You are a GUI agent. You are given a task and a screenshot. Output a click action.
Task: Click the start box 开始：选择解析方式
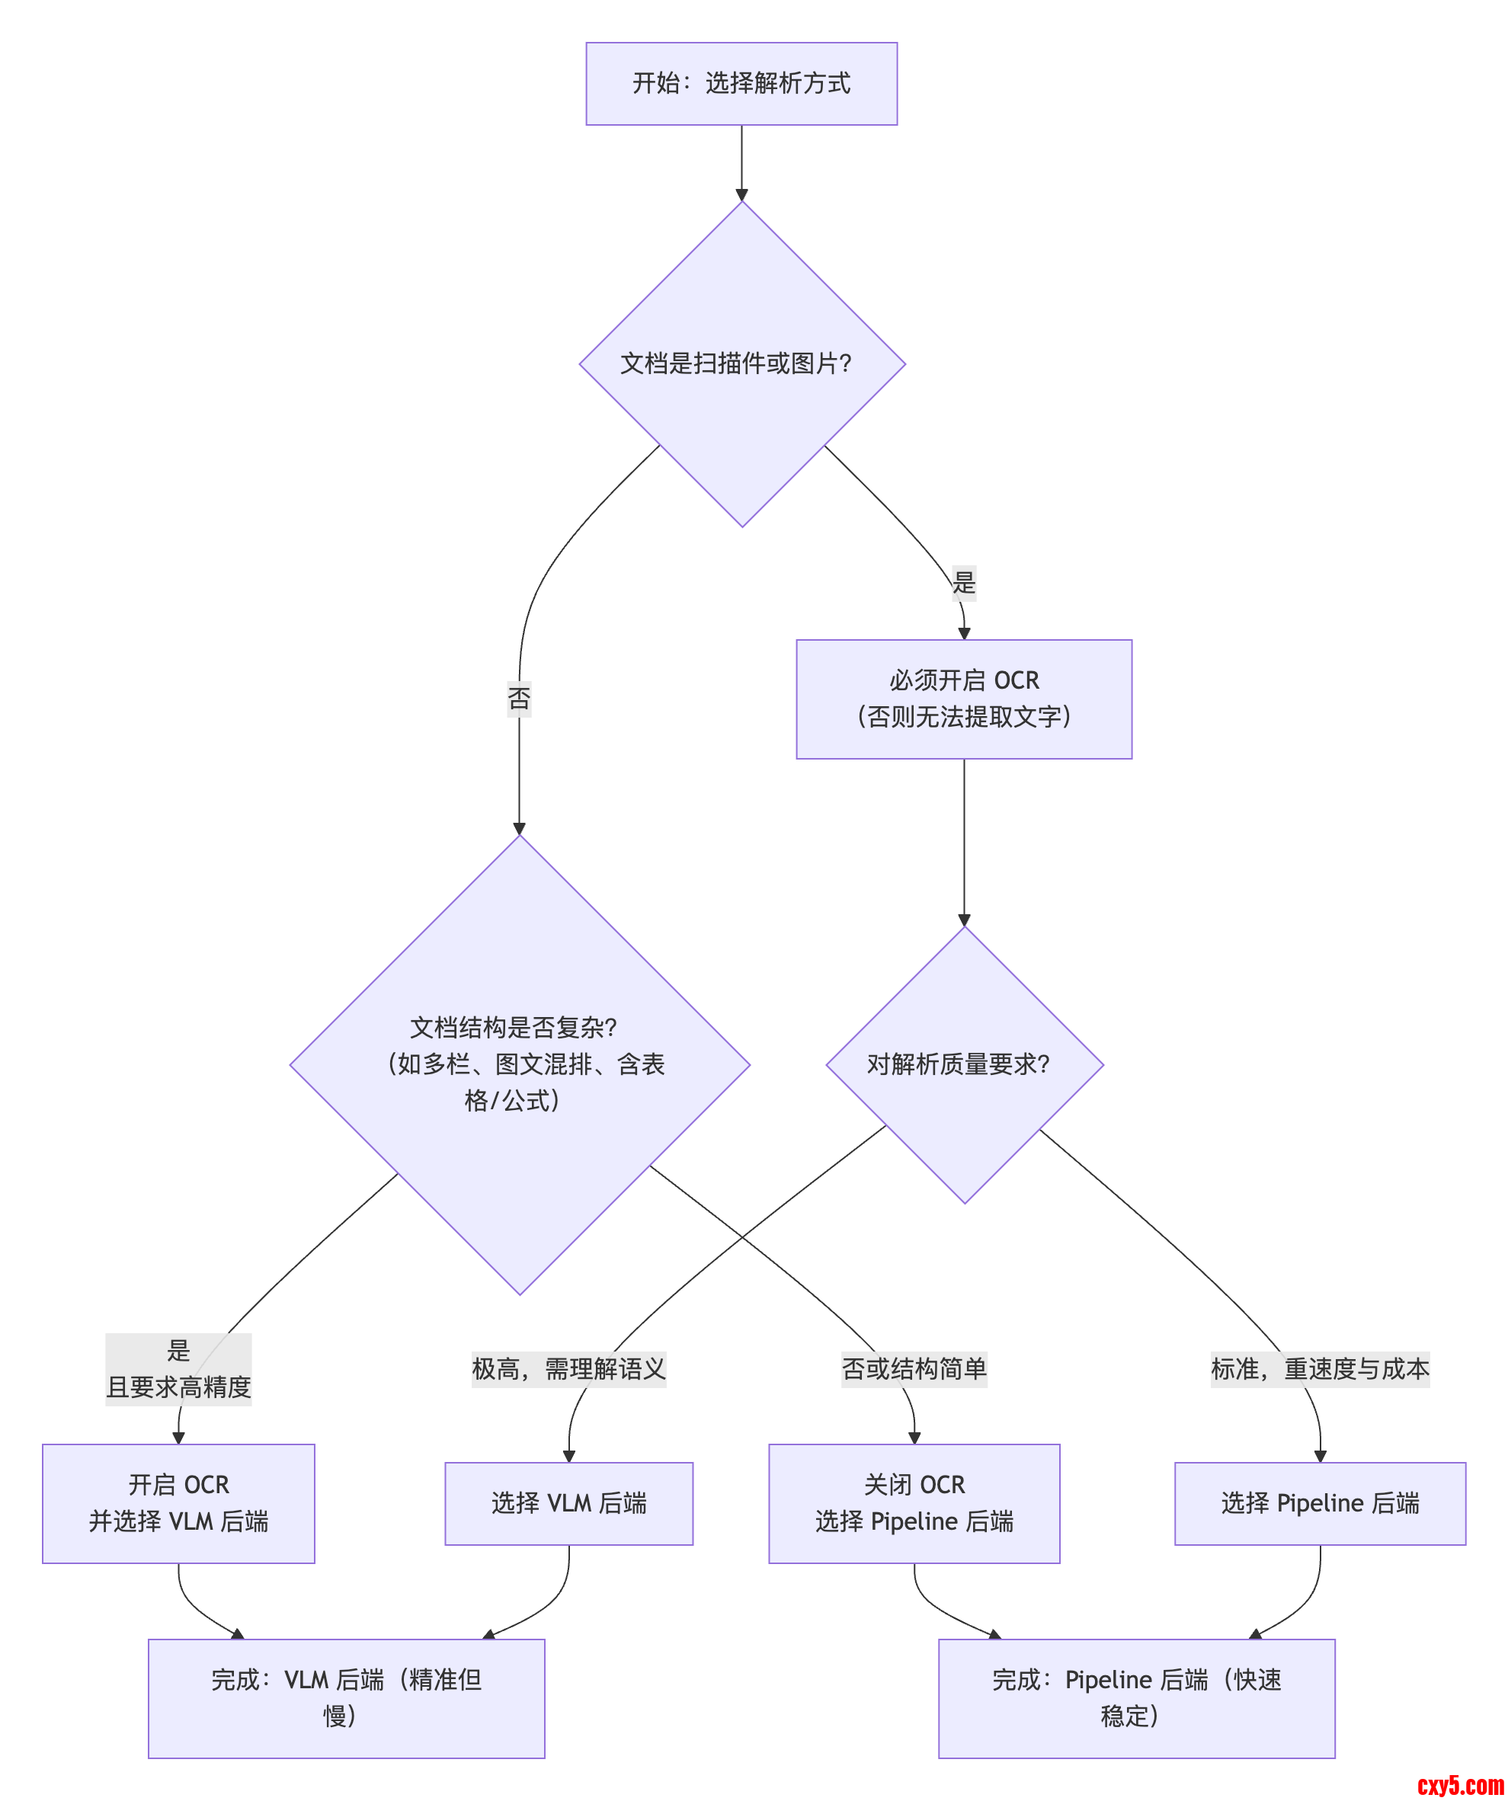(x=741, y=83)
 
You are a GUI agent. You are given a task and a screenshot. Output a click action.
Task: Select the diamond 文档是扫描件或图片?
(x=741, y=363)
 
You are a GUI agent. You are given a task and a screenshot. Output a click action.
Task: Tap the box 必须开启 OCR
(x=963, y=699)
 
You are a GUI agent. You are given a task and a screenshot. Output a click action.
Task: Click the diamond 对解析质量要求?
(x=963, y=1064)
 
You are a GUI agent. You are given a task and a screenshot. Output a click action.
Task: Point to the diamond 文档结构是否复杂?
(x=519, y=1064)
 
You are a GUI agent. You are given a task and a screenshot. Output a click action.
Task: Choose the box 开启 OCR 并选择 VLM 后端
(x=178, y=1503)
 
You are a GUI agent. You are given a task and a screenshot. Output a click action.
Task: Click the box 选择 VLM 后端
(x=568, y=1503)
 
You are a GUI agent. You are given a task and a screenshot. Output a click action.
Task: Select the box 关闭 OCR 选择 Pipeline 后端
(x=914, y=1503)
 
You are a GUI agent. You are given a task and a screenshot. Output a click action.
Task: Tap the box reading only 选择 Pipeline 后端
(x=1319, y=1503)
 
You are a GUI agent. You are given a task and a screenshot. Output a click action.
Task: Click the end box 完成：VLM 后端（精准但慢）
(x=346, y=1698)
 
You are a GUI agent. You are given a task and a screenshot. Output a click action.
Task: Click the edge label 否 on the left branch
(x=519, y=698)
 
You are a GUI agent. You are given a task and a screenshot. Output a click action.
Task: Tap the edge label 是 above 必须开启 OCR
(x=963, y=583)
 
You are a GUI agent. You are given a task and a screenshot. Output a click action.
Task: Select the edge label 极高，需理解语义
(x=568, y=1369)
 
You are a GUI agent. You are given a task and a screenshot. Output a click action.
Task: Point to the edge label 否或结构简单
(x=914, y=1369)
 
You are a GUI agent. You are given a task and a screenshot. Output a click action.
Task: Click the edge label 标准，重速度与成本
(x=1319, y=1369)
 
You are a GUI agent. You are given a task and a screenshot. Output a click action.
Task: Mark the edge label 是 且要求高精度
(x=178, y=1369)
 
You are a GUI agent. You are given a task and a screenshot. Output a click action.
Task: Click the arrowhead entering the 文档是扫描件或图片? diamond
(x=741, y=195)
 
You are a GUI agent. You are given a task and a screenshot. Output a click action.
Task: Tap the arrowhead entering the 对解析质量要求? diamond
(x=963, y=920)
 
